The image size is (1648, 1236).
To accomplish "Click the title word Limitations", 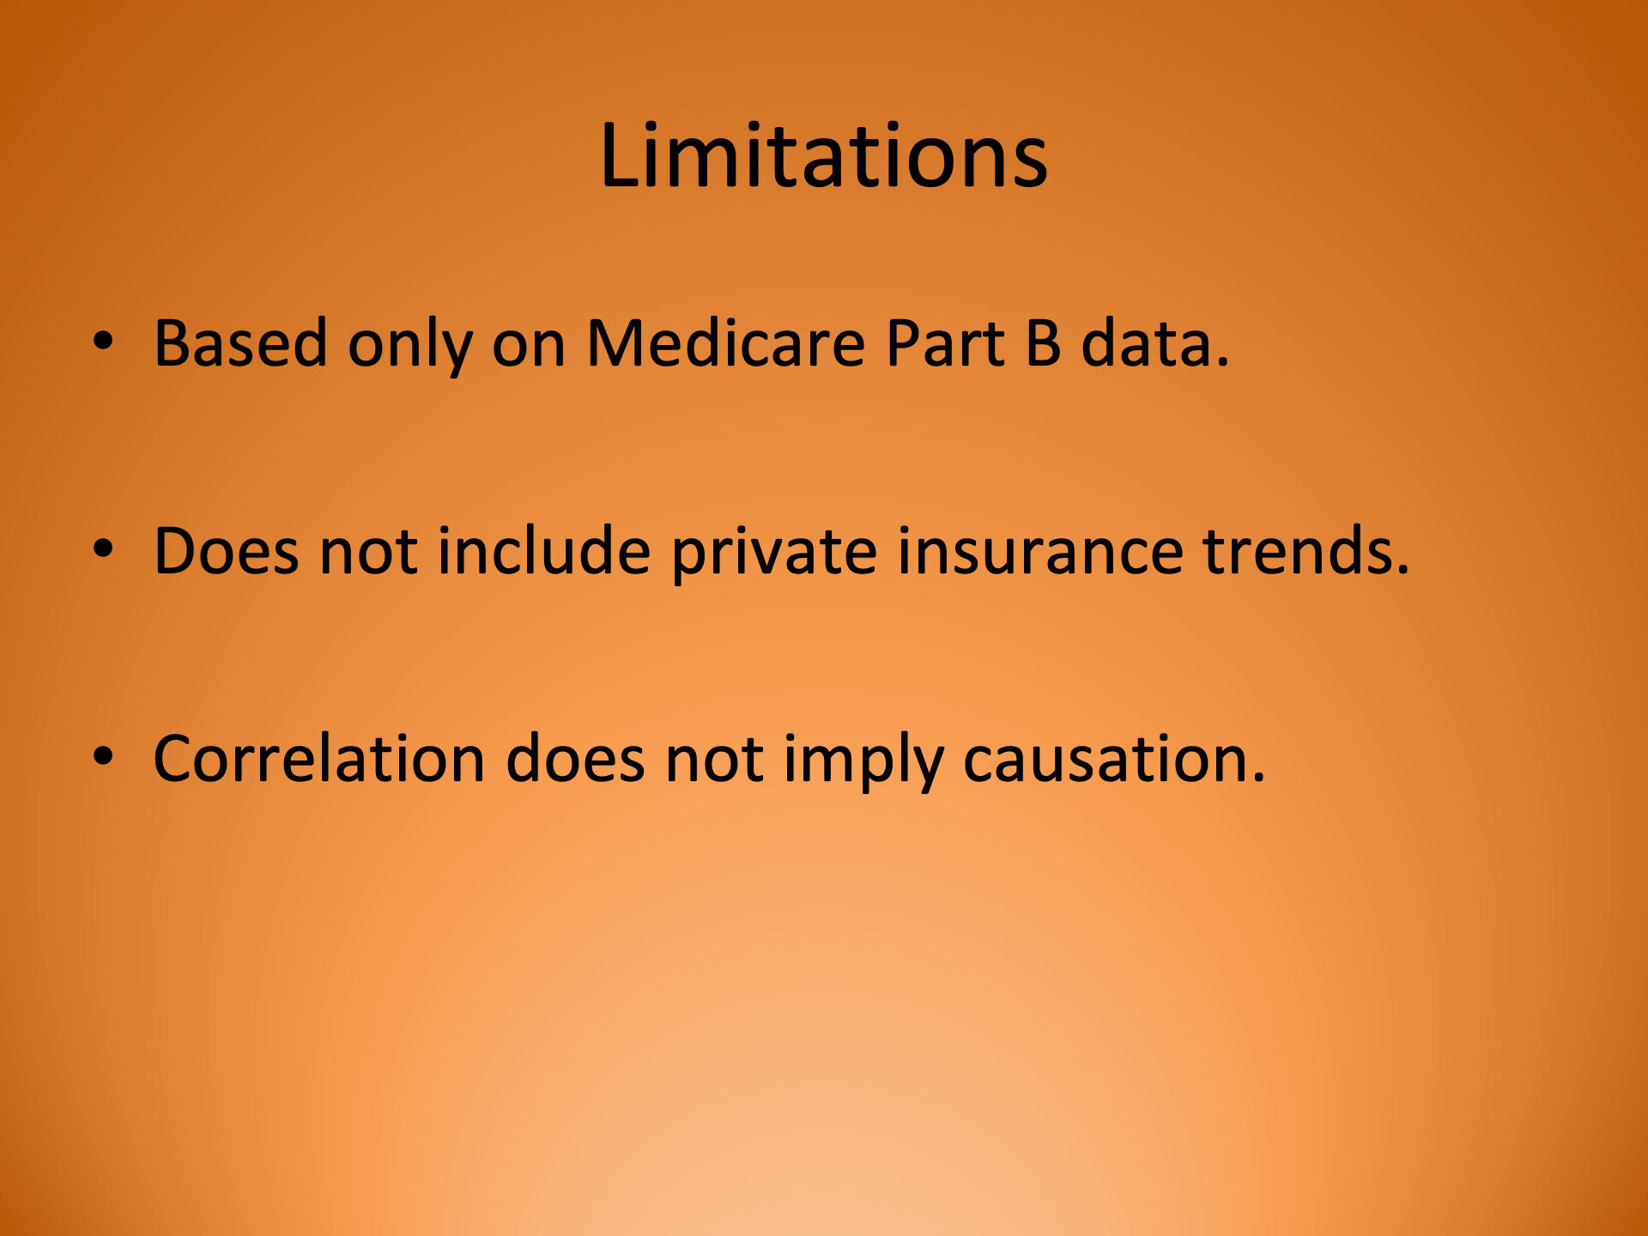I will [x=823, y=156].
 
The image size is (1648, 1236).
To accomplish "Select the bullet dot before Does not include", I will [x=103, y=549].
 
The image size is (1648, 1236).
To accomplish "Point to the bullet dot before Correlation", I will [x=103, y=757].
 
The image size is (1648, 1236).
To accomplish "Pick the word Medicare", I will [x=725, y=343].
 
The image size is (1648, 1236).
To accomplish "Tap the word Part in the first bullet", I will [x=945, y=343].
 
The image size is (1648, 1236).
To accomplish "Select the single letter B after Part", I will [x=1043, y=343].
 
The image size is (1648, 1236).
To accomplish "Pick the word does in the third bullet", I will [x=575, y=759].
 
